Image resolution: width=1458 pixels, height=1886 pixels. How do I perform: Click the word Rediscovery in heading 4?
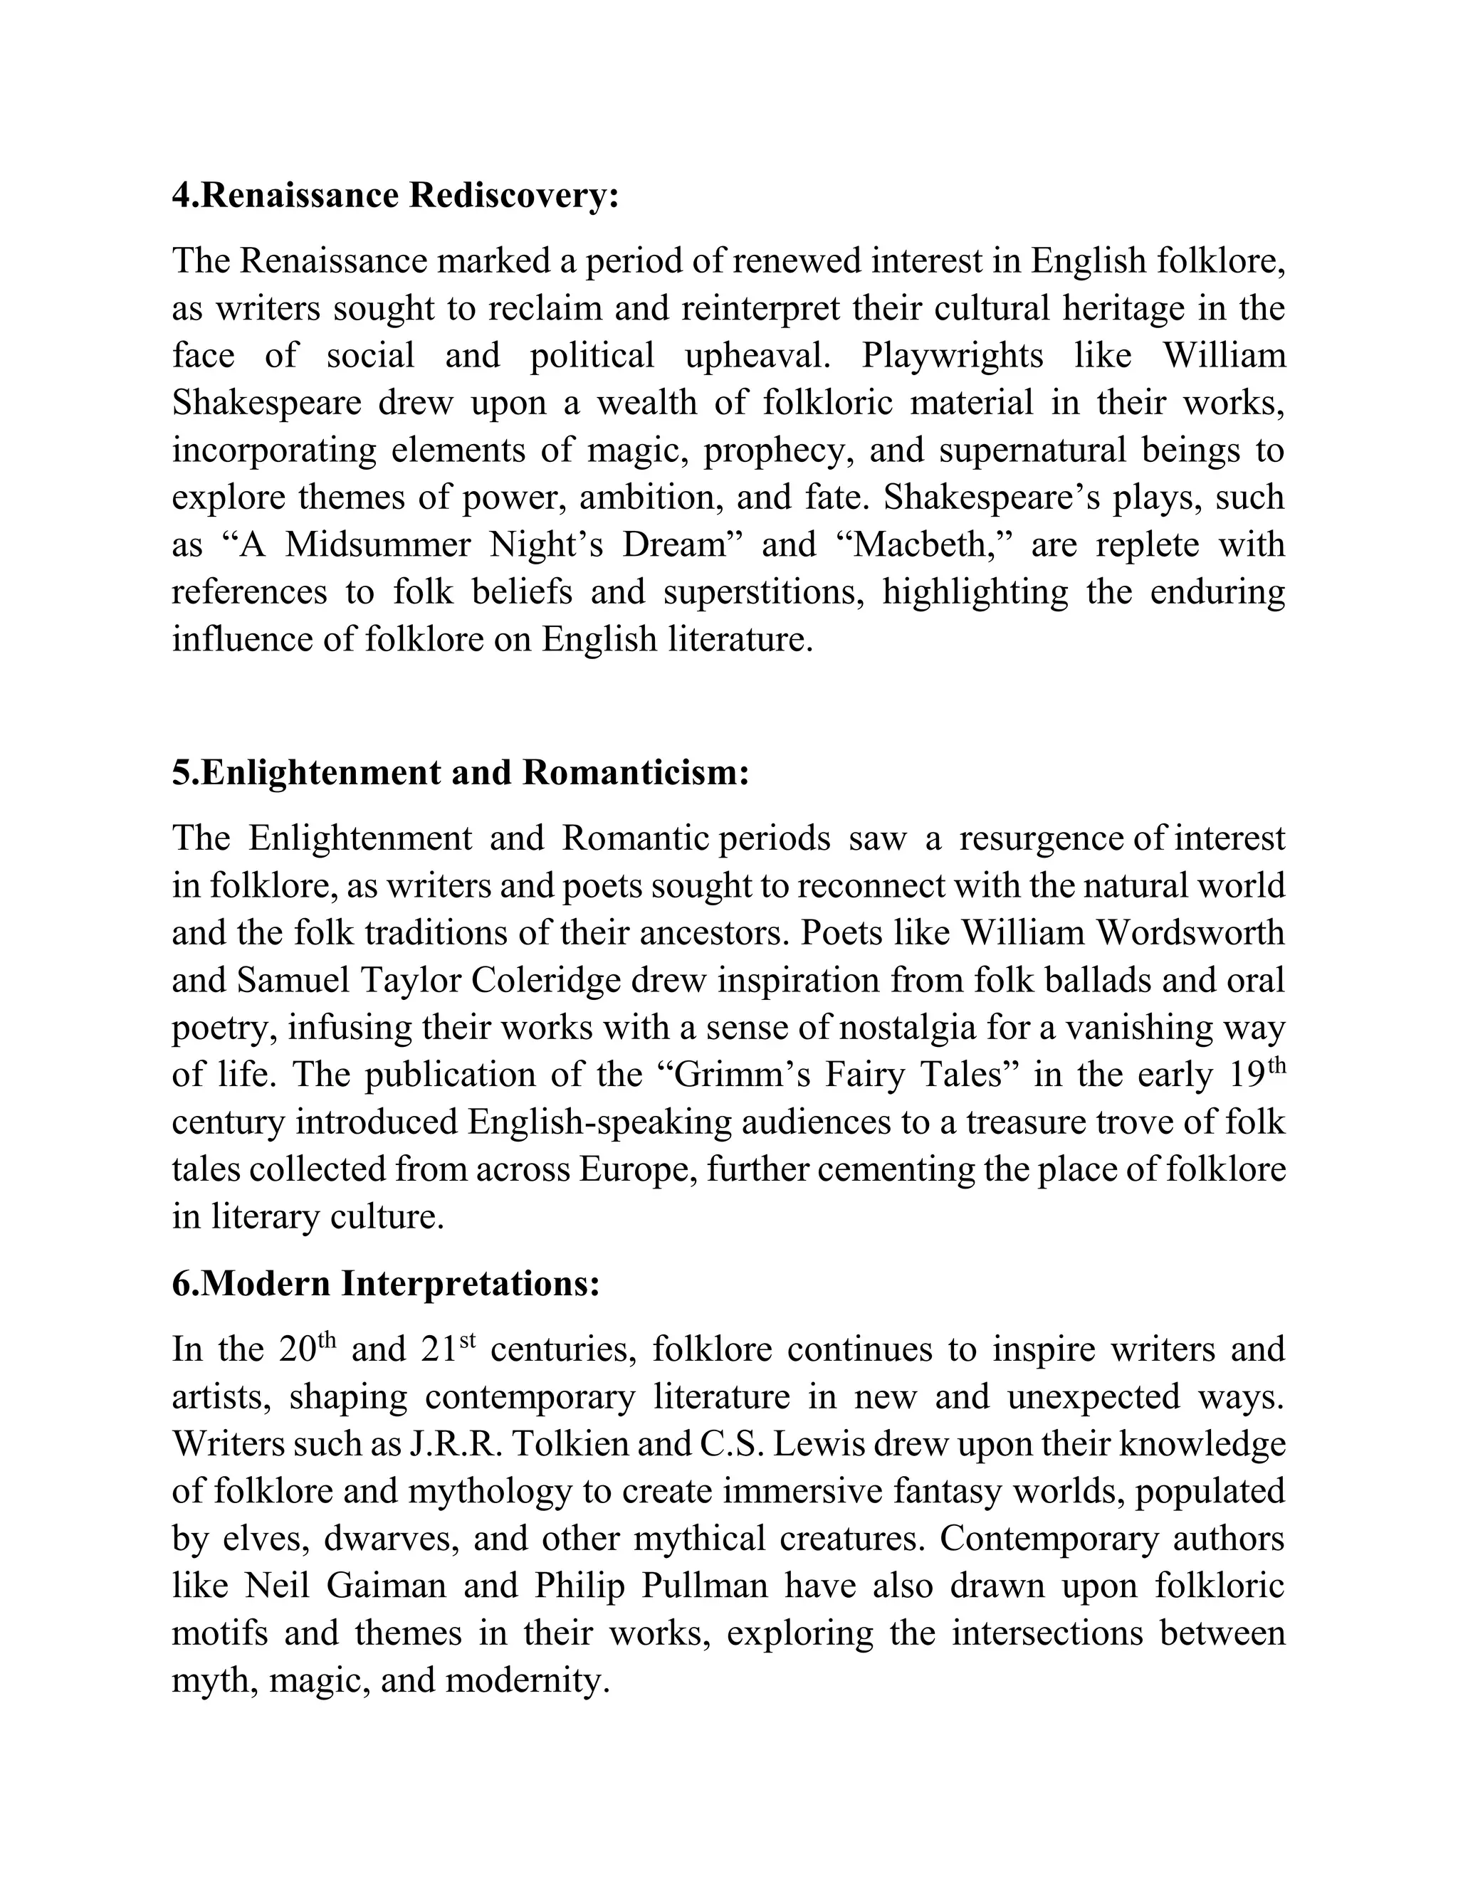(x=514, y=196)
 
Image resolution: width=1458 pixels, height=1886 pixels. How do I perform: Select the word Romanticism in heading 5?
(x=635, y=772)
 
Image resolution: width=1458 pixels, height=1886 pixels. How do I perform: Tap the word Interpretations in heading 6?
(x=470, y=1284)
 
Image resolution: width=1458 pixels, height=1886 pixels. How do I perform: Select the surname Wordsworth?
(x=1199, y=932)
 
